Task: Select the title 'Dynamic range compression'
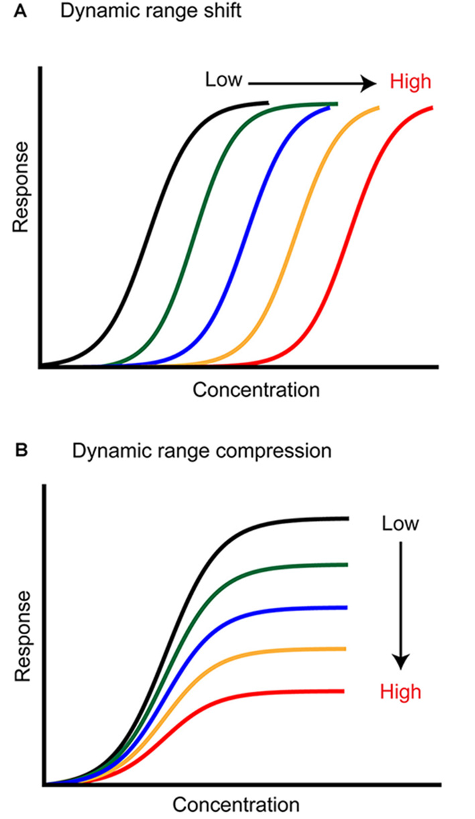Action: pos(201,451)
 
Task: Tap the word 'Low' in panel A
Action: pos(223,80)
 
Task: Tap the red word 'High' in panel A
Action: pos(410,82)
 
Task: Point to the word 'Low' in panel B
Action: pos(400,523)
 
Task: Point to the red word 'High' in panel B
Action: pos(401,691)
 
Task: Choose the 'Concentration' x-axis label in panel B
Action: pos(236,804)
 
